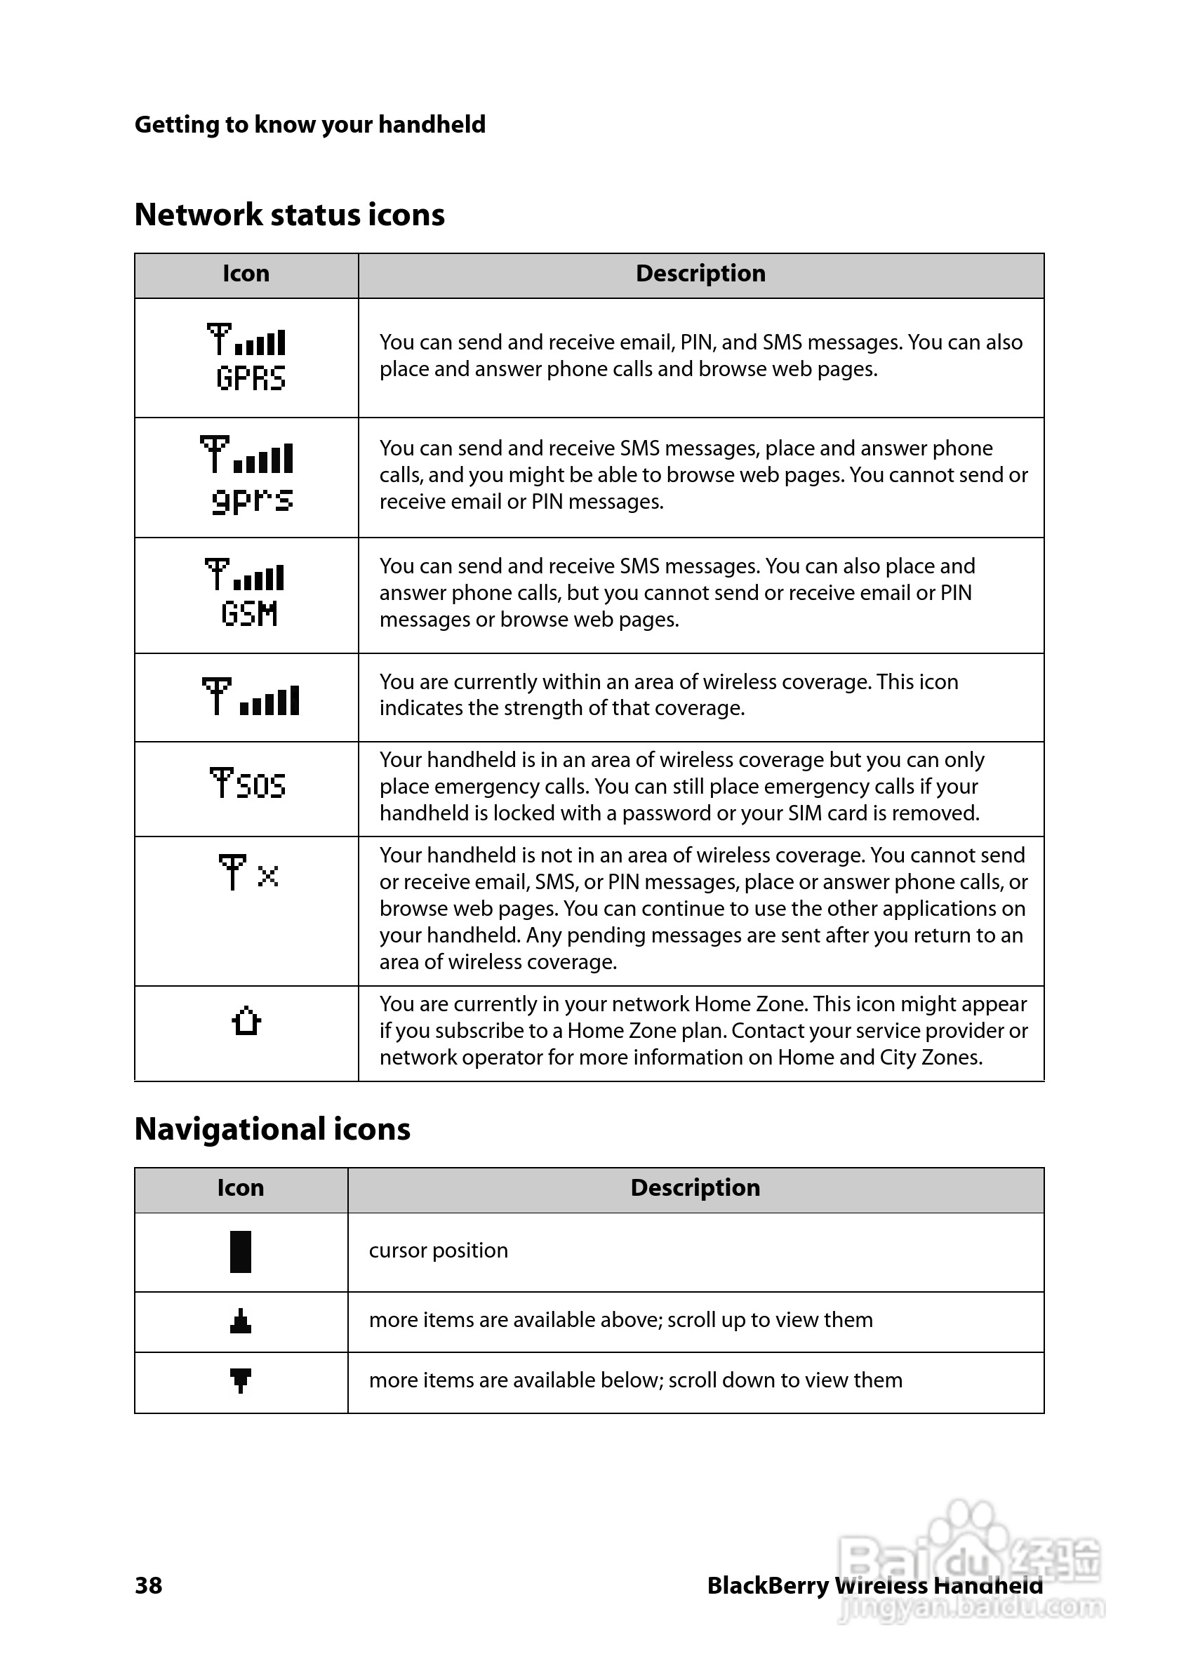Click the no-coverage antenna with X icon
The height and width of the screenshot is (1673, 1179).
pyautogui.click(x=248, y=872)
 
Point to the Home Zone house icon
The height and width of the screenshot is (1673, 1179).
pyautogui.click(x=246, y=1021)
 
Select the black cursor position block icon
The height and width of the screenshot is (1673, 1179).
pyautogui.click(x=241, y=1252)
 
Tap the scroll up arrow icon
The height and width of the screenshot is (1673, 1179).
pyautogui.click(x=241, y=1321)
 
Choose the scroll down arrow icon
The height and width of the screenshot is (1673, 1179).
pyautogui.click(x=241, y=1380)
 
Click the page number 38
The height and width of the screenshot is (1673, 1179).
pyautogui.click(x=149, y=1585)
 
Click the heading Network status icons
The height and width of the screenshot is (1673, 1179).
pyautogui.click(x=289, y=215)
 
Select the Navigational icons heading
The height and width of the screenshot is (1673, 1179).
pyautogui.click(x=272, y=1129)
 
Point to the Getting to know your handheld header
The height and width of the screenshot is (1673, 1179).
pyautogui.click(x=309, y=125)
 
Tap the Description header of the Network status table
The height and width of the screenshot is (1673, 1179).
pyautogui.click(x=700, y=273)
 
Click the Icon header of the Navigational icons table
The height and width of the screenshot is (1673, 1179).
pyautogui.click(x=241, y=1187)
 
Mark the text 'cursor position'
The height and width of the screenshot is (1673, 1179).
pyautogui.click(x=438, y=1251)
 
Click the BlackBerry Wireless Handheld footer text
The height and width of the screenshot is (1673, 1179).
pyautogui.click(x=874, y=1585)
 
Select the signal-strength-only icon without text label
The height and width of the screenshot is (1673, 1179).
pyautogui.click(x=250, y=698)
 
